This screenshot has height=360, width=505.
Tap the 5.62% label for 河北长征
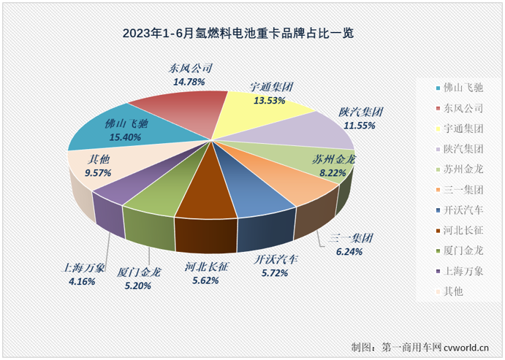click(206, 278)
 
